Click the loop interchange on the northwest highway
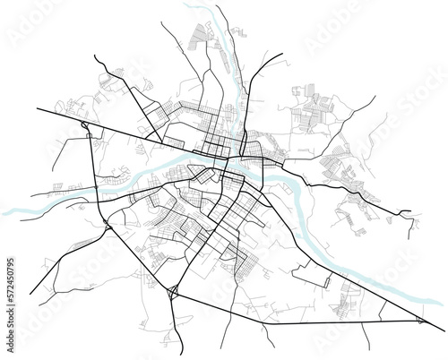(x=84, y=127)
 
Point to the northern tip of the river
(x=190, y=7)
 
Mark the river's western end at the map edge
(x=5, y=212)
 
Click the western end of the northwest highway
(x=37, y=108)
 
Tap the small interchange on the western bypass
(x=104, y=224)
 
